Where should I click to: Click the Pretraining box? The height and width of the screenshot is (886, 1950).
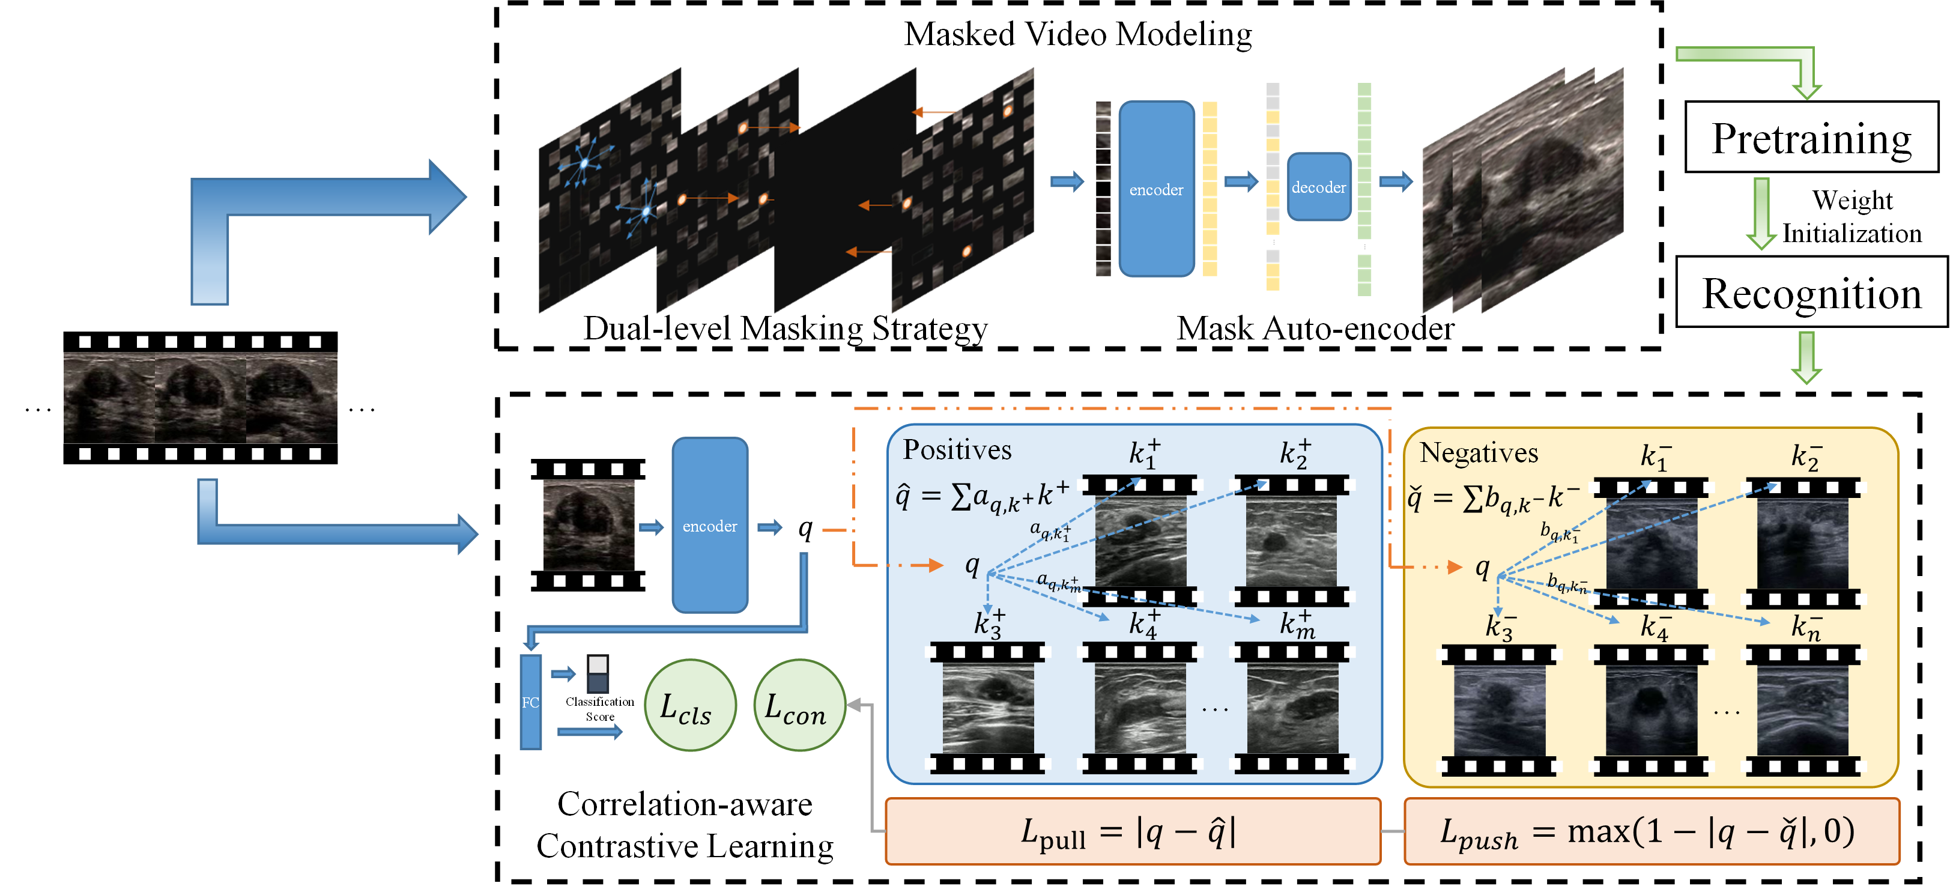(1811, 137)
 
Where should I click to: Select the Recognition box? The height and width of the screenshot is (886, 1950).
(1811, 293)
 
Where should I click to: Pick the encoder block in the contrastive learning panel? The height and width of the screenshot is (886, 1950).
(709, 526)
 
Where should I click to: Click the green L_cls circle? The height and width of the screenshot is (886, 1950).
(689, 706)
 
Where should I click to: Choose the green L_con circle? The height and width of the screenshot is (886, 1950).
(799, 706)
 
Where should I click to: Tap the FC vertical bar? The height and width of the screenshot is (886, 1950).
(531, 702)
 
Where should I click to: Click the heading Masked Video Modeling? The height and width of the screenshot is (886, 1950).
(1077, 34)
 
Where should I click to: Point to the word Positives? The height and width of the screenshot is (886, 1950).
(957, 450)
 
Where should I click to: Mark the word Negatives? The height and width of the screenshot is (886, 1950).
(1479, 453)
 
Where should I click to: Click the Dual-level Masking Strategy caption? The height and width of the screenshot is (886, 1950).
(785, 329)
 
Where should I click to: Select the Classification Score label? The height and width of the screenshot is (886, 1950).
(599, 709)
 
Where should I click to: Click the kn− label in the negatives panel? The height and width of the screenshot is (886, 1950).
(1805, 627)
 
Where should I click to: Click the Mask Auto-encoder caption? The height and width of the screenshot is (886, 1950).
(1315, 329)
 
